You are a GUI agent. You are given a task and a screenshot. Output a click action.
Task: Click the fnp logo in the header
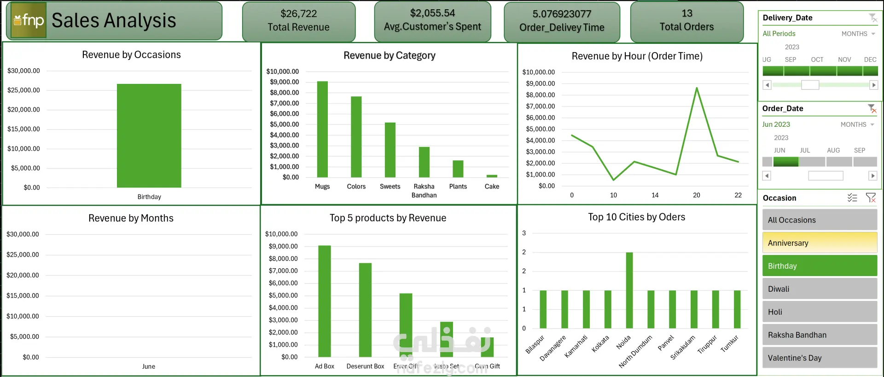click(29, 20)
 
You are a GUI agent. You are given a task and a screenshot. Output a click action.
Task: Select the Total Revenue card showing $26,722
click(299, 21)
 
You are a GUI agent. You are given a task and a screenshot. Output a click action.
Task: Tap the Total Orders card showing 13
click(686, 21)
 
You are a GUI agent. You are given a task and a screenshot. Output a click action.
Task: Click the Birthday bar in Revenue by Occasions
click(149, 136)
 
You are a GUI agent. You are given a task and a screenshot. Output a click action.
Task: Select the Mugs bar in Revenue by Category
click(322, 130)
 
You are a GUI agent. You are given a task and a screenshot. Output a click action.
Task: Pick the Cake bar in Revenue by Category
click(492, 176)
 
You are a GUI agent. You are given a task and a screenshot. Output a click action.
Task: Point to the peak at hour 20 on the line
click(697, 88)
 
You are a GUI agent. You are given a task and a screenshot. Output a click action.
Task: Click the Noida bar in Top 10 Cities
click(629, 290)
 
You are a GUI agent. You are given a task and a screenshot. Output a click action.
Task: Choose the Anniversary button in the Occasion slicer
click(820, 243)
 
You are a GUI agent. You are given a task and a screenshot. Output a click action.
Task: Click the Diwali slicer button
click(820, 289)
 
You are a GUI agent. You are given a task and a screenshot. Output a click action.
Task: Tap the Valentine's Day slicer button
click(820, 358)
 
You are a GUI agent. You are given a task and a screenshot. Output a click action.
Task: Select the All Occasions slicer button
click(820, 220)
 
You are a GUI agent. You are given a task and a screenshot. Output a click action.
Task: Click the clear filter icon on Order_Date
click(872, 109)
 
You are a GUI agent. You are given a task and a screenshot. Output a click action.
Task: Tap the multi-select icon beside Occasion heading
click(852, 198)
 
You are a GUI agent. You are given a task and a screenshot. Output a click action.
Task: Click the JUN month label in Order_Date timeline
click(779, 150)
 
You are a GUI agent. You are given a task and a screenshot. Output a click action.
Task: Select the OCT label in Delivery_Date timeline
click(817, 59)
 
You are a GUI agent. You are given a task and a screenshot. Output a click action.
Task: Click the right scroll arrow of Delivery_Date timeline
click(873, 85)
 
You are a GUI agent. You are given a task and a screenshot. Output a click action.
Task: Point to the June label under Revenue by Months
click(149, 366)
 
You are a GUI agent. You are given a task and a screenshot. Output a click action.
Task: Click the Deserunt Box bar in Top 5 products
click(365, 310)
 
